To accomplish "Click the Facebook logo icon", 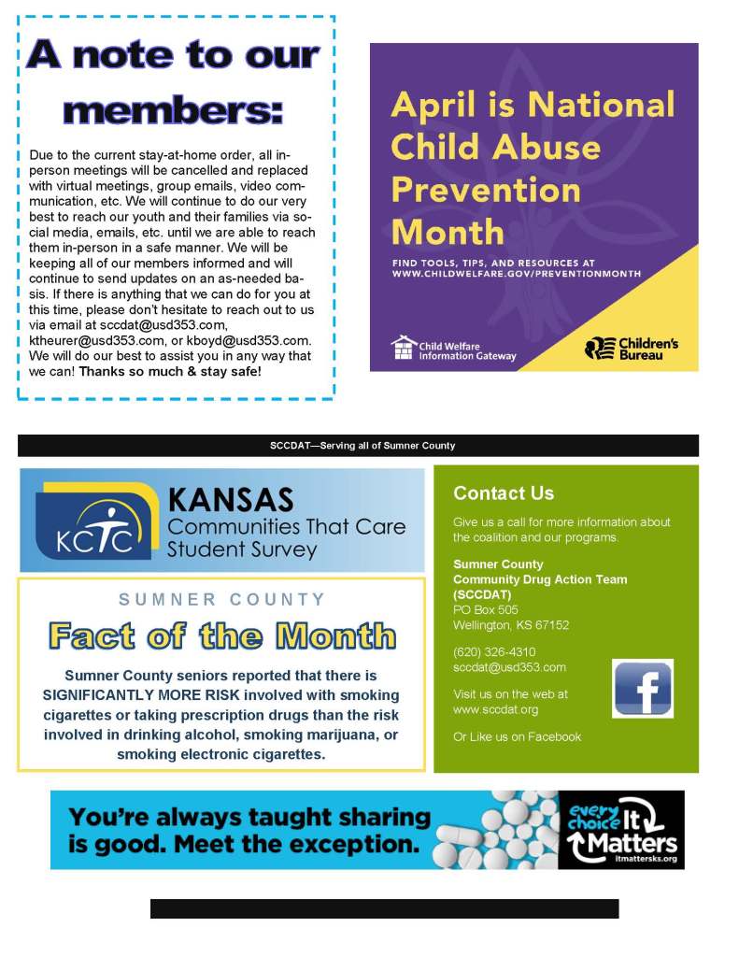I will [642, 688].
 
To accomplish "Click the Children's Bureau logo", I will [632, 349].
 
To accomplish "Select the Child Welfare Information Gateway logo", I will [453, 349].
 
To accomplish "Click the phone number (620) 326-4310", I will [494, 652].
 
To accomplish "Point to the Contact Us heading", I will [504, 493].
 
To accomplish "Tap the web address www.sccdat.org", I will [495, 709].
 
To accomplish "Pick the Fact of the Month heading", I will [221, 636].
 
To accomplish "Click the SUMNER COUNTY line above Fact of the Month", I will [221, 599].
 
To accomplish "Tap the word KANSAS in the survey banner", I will [230, 499].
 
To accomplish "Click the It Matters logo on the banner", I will [620, 830].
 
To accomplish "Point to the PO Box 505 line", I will [486, 610].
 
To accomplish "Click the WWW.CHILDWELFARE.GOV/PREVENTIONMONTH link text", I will [517, 274].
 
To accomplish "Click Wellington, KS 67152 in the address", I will [511, 625].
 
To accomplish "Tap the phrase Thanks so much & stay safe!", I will [170, 371].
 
